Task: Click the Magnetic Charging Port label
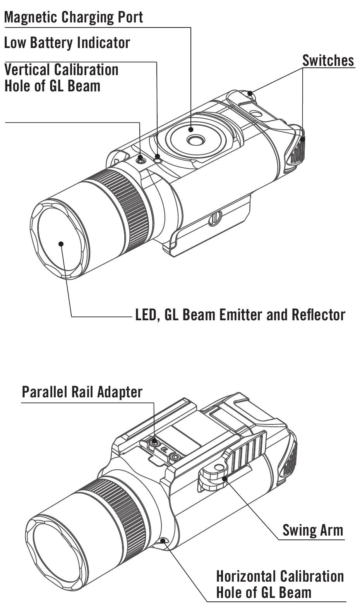coord(74,17)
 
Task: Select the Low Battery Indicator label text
coord(67,43)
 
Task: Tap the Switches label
coord(328,60)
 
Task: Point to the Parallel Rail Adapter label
coord(82,392)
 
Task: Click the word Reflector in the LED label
coord(318,315)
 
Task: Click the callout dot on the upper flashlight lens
coord(61,244)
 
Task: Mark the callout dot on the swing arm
coord(225,478)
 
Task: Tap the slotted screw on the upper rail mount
coord(215,218)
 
